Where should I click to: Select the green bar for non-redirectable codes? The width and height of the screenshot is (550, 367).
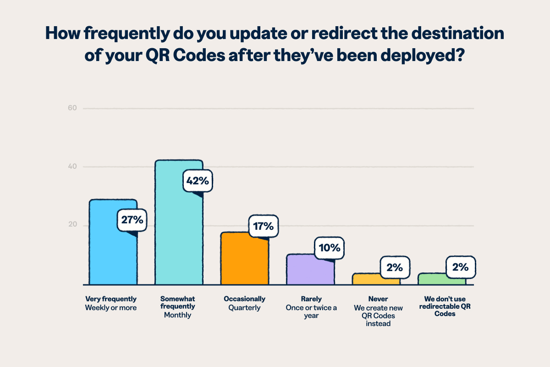pos(435,280)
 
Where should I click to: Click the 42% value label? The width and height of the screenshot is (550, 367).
pos(198,181)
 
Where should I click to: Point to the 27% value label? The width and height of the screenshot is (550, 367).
pos(132,220)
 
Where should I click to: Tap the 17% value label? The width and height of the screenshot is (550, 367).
pos(264,226)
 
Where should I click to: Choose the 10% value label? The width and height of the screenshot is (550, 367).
pos(329,248)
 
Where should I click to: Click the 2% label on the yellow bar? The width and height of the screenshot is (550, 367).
pos(395,267)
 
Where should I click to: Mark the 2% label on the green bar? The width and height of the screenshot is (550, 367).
pos(460,267)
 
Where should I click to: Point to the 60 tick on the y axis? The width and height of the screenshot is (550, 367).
pos(72,108)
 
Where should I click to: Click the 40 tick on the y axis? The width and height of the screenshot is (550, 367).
pos(72,167)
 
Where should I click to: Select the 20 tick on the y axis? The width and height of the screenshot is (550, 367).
pos(72,225)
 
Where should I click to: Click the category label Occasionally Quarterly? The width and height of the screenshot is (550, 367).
pos(244,303)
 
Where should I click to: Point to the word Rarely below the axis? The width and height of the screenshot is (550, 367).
pos(311,299)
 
